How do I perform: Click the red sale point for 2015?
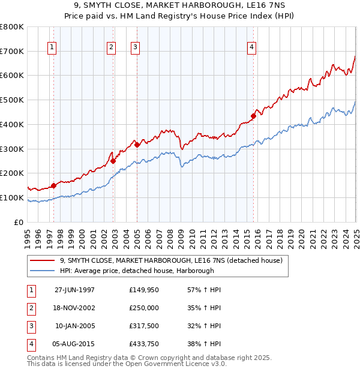click(x=253, y=116)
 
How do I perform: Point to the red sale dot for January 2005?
click(x=137, y=145)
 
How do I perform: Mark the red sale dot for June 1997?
click(x=54, y=185)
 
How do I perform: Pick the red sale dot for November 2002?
click(x=113, y=161)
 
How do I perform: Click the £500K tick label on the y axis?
click(x=12, y=100)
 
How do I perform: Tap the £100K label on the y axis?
click(x=12, y=197)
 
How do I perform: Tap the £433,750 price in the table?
click(x=144, y=344)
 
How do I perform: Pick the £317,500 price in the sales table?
click(x=144, y=326)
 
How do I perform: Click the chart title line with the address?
click(x=180, y=7)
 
